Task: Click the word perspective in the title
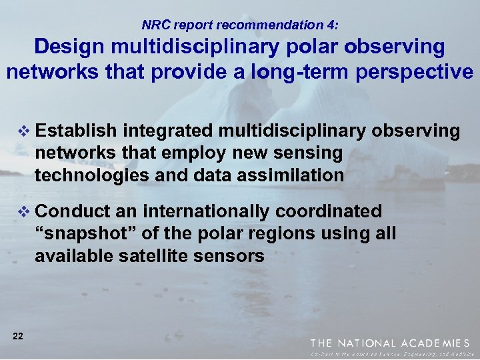click(417, 71)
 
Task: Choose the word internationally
click(207, 211)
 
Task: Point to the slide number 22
click(18, 336)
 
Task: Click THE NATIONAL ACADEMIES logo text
click(390, 343)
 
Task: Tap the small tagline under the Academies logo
click(390, 353)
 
